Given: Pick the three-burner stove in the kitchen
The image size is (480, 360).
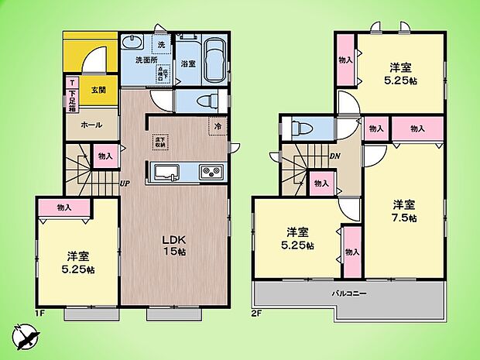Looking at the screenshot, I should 211,172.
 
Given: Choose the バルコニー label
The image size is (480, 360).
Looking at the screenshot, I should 350,293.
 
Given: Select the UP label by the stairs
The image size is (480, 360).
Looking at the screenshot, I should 124,183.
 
